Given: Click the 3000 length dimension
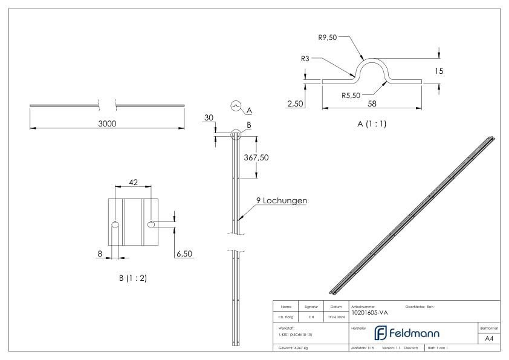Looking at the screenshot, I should pos(108,123).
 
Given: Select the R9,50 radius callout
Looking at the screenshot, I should pos(328,37).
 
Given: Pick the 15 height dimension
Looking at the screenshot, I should pos(439,71).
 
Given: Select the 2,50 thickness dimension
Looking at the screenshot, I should pos(295,105).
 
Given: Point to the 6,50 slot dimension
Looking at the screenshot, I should pos(184,254).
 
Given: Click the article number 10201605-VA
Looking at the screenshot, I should pos(369,312).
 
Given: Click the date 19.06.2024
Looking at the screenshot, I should pos(336,315).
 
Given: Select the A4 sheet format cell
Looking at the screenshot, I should pos(490,339).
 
